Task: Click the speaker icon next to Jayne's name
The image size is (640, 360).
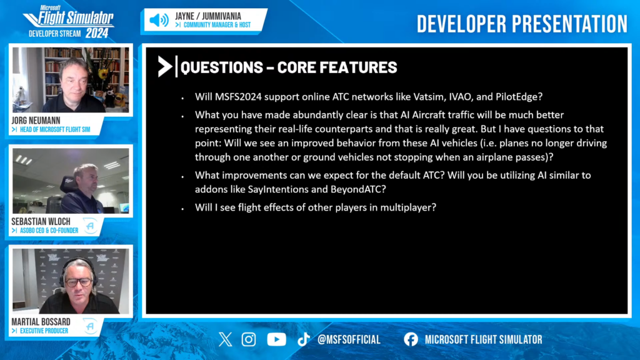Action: click(159, 20)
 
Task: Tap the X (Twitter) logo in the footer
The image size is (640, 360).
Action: click(225, 339)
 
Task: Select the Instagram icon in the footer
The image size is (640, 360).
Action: click(249, 339)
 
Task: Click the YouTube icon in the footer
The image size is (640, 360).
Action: click(276, 339)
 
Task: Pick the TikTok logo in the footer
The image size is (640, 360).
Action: click(303, 339)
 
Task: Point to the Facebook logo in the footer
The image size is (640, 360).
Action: click(411, 339)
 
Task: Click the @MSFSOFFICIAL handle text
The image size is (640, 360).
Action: click(349, 339)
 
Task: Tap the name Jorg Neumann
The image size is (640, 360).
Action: click(36, 121)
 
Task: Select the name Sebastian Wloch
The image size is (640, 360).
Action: click(41, 222)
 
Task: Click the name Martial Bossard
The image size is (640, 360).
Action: click(41, 322)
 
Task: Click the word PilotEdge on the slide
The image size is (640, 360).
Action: click(517, 97)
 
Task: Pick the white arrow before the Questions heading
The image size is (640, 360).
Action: click(164, 66)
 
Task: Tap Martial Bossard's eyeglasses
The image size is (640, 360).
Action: click(78, 282)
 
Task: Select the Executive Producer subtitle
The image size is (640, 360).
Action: click(44, 331)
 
